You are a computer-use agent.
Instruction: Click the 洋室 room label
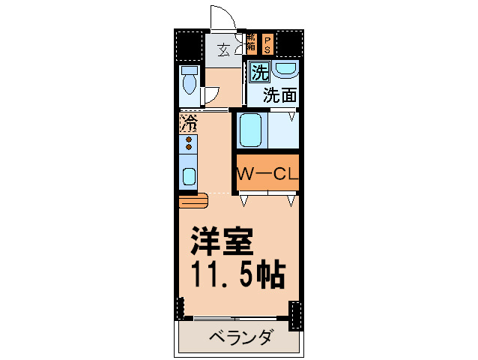222,242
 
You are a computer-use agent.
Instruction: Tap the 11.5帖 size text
238,275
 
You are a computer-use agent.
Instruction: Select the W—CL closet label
268,174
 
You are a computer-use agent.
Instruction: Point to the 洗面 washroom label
279,95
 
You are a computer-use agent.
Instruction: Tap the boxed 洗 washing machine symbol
259,73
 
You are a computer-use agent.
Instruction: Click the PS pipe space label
266,44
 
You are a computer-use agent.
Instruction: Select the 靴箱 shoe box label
251,44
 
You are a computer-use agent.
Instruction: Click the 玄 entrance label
223,51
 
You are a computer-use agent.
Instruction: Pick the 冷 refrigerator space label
189,121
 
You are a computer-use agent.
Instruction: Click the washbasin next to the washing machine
285,69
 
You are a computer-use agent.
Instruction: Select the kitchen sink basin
189,177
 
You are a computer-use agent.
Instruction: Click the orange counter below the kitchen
192,201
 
